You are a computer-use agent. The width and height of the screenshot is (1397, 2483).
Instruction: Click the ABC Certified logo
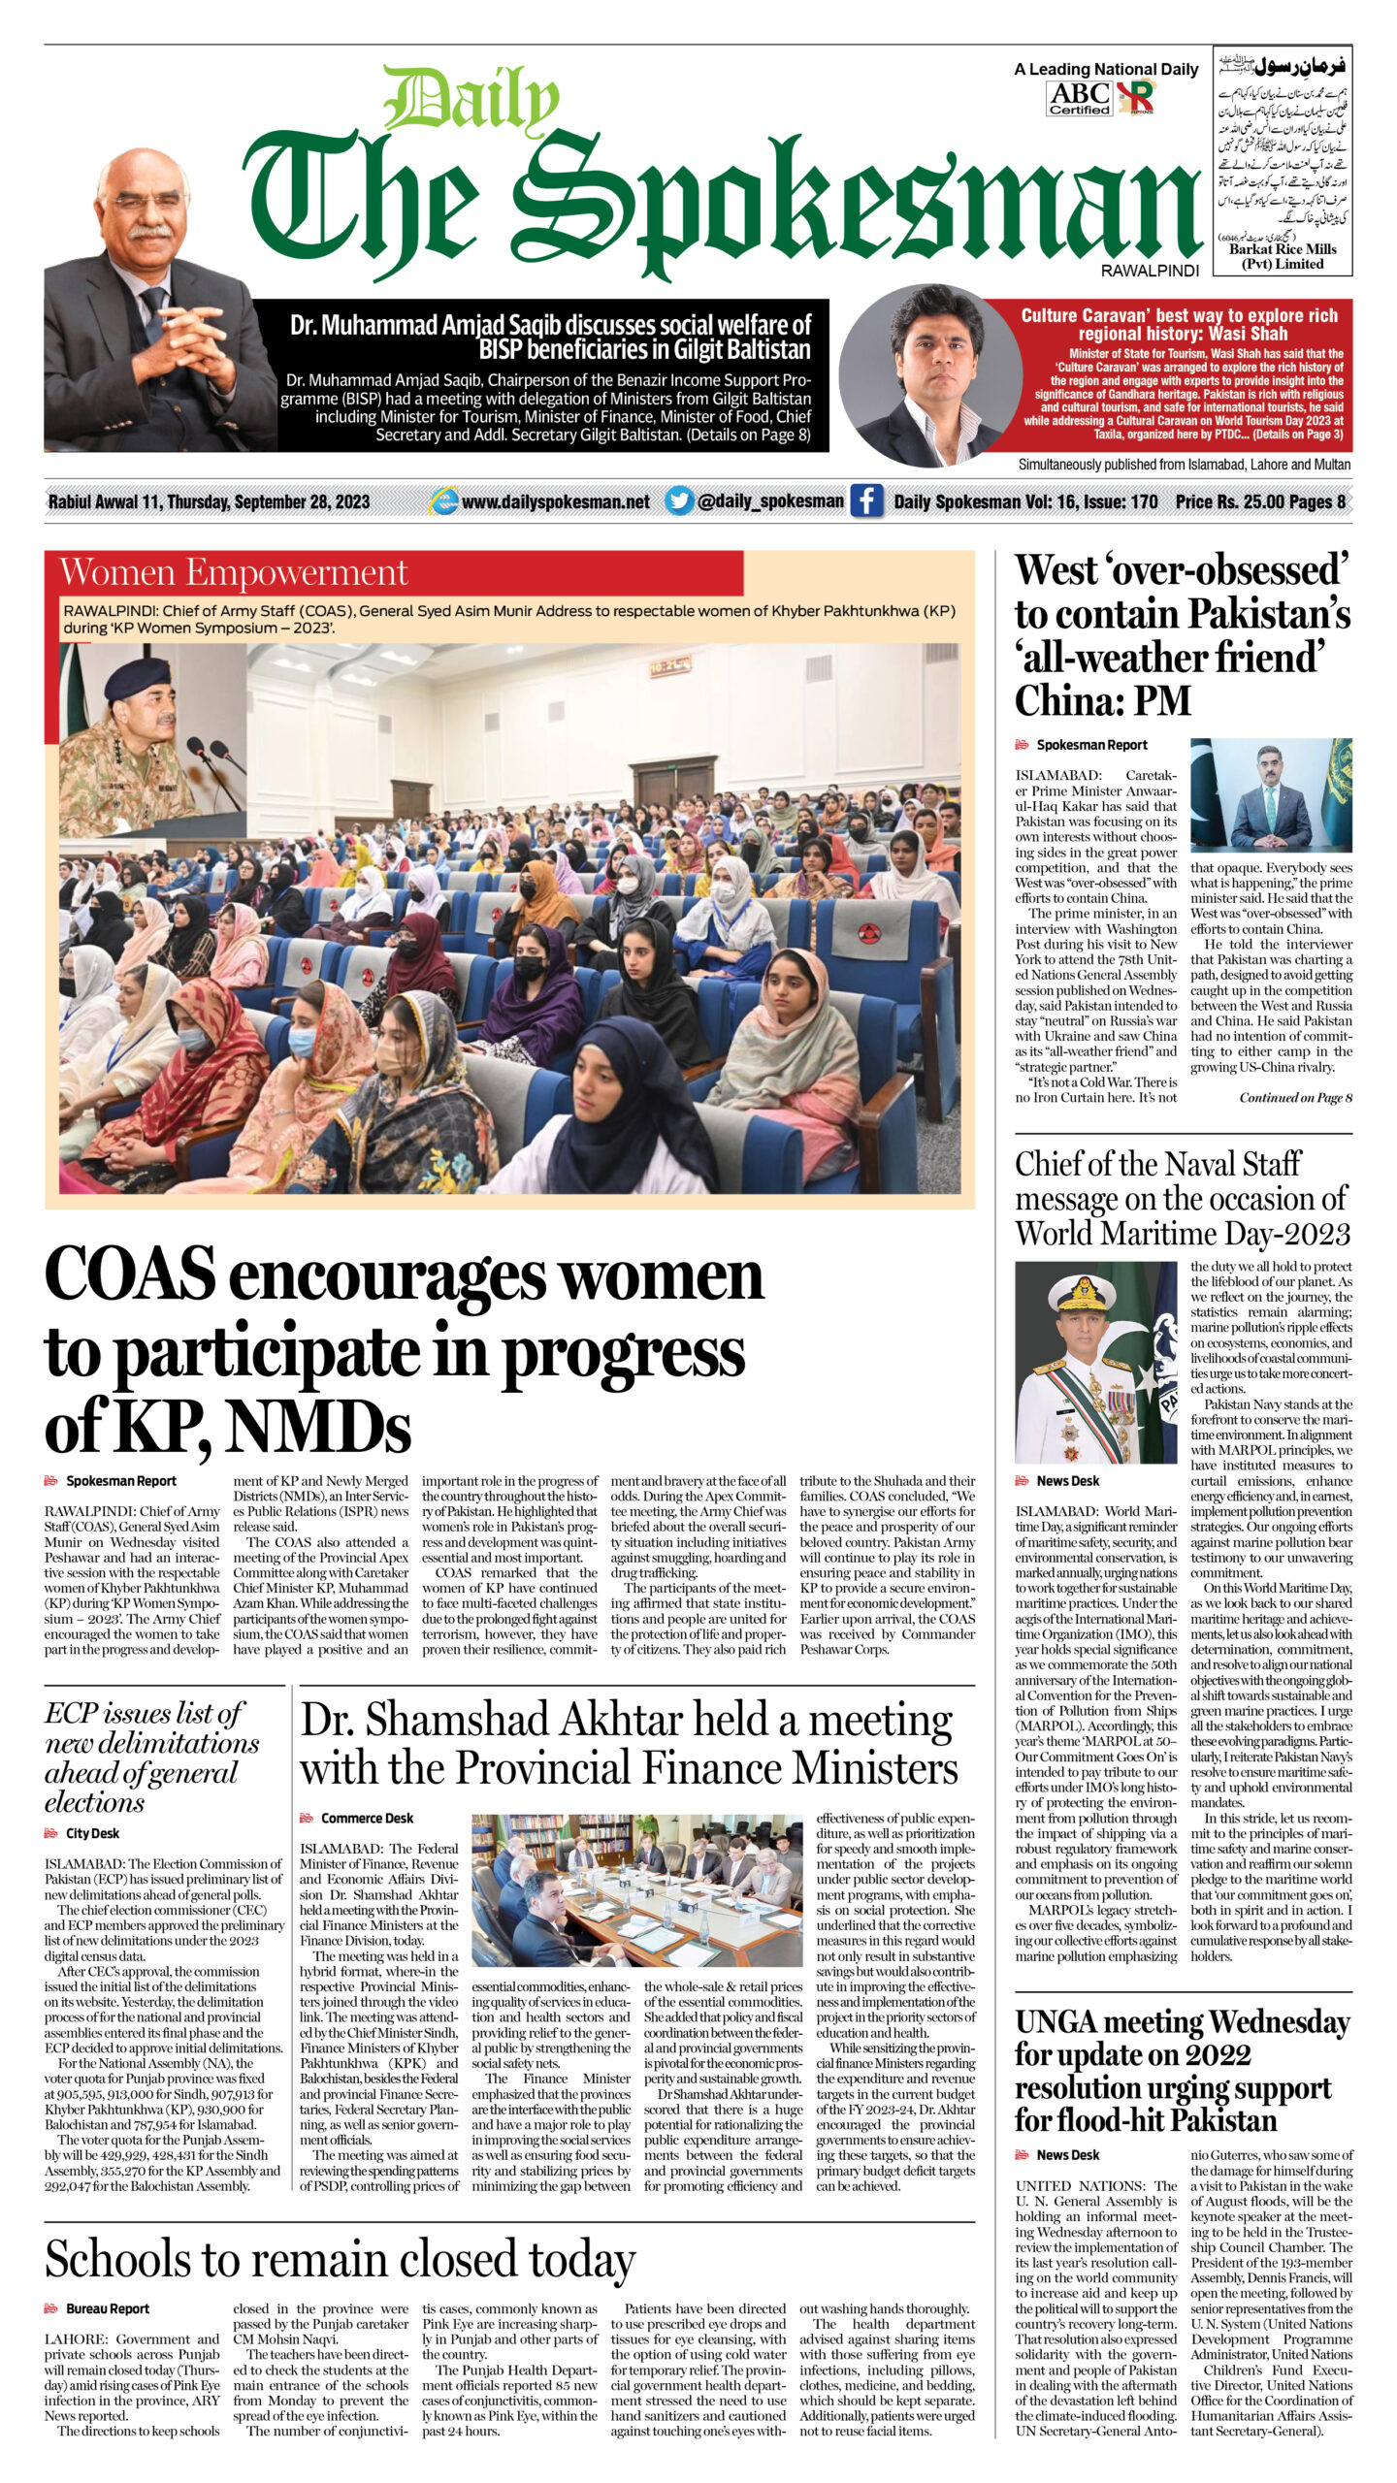coord(1080,98)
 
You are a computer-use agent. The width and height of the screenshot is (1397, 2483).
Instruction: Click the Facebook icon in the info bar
coord(866,501)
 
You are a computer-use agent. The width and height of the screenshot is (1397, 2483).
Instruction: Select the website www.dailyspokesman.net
coord(555,502)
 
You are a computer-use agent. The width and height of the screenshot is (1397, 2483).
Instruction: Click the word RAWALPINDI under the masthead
coord(1150,271)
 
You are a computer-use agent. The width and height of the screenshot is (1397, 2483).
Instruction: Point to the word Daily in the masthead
coord(472,104)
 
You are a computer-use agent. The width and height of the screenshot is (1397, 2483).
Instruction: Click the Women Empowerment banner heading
coord(234,573)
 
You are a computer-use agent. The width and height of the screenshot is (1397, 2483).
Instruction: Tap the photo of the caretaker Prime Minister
coord(1271,795)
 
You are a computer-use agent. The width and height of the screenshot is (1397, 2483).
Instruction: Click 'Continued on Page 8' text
coord(1295,1098)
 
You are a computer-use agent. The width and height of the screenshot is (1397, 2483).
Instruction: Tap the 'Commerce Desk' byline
coord(367,1819)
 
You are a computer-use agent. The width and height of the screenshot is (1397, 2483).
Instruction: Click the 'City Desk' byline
coord(92,1833)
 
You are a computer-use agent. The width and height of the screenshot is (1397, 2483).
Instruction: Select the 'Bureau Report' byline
coord(107,2309)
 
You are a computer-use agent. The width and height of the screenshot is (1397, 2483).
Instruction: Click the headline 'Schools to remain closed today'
coord(340,2261)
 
